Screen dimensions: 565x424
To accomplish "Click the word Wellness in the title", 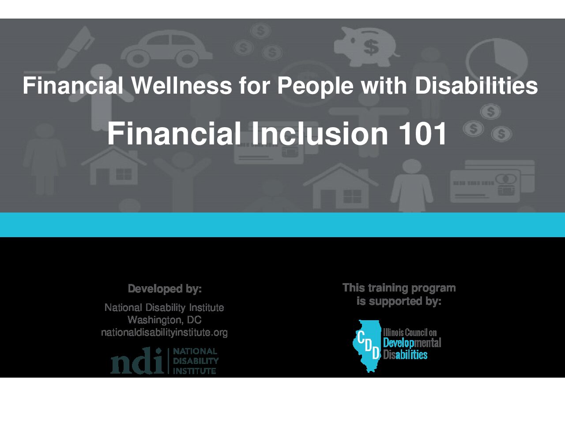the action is [182, 86].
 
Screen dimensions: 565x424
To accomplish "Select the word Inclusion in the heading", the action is [320, 133].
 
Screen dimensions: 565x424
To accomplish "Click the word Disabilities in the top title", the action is [476, 86].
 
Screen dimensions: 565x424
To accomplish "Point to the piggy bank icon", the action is [367, 46].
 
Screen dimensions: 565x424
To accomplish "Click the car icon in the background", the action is [166, 49].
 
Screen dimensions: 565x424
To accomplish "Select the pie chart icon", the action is [497, 61].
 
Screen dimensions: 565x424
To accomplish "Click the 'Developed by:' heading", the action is [165, 288].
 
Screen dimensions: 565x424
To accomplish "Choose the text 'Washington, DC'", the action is [165, 320].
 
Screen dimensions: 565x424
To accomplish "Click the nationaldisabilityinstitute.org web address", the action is [165, 332].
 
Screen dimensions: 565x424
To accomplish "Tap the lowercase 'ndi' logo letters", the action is [137, 361].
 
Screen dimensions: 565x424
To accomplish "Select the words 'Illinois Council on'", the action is [410, 333].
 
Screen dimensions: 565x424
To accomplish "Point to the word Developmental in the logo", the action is [412, 343].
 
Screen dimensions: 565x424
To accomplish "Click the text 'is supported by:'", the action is [399, 301].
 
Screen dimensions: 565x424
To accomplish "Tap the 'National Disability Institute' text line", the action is [164, 307].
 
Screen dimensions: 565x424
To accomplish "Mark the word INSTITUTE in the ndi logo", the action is [195, 371].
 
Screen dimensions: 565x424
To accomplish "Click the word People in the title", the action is [315, 86].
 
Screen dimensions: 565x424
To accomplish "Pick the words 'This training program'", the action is [399, 288].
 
